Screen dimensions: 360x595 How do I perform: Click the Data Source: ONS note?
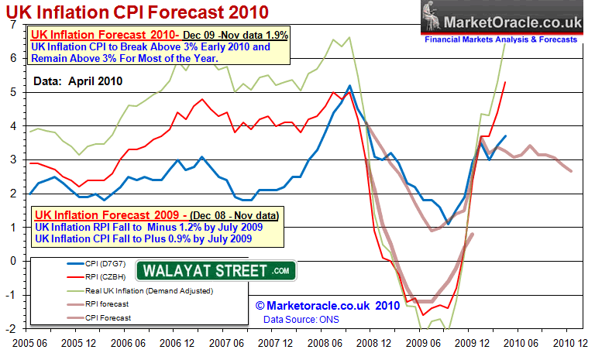click(304, 318)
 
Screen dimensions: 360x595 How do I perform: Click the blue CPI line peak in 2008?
click(349, 86)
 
